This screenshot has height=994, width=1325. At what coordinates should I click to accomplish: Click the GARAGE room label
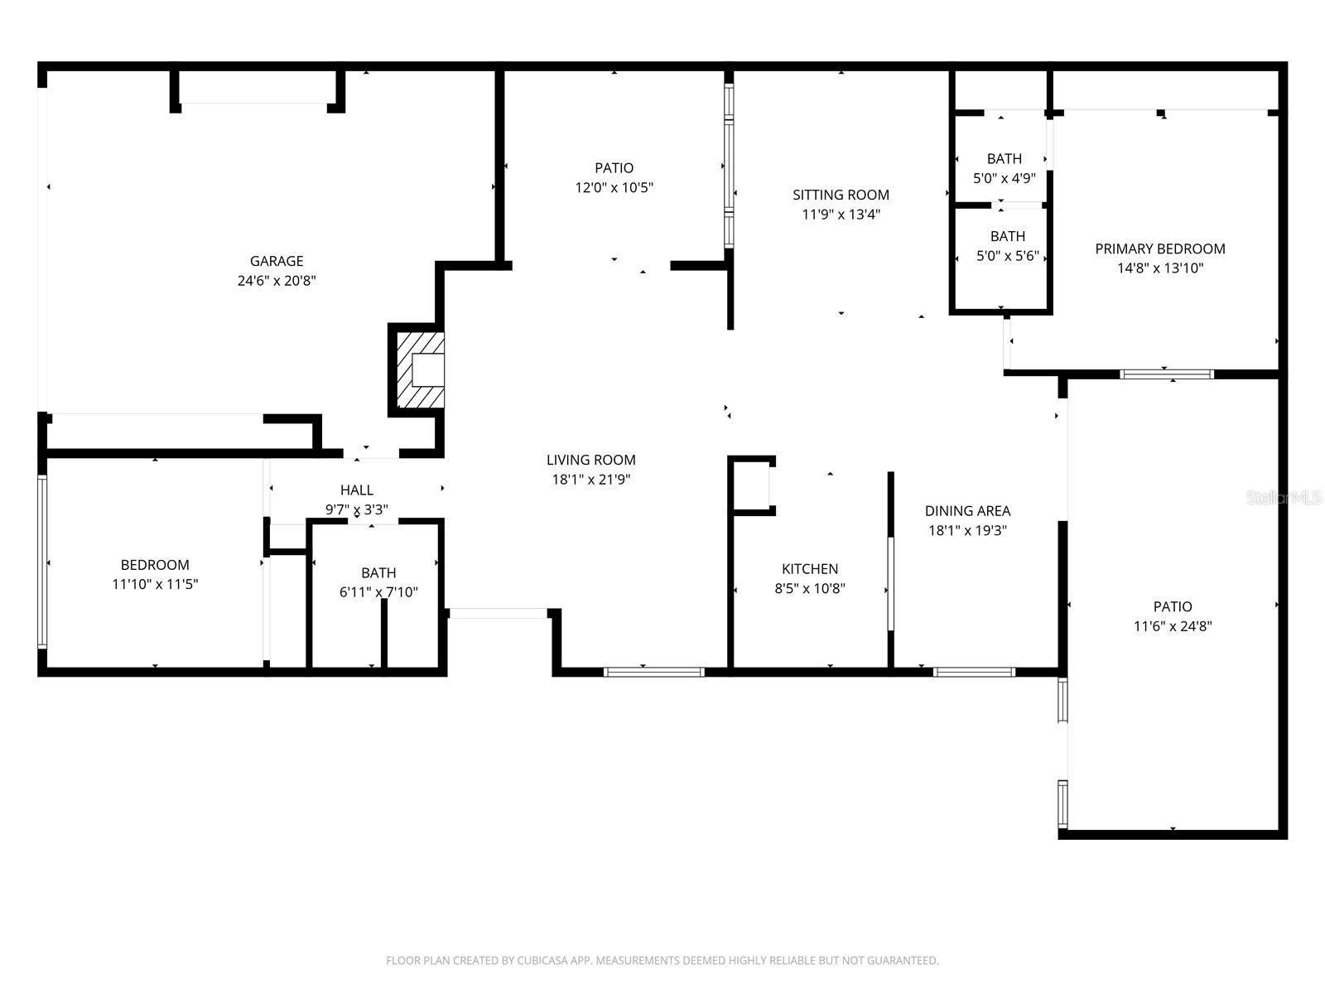277,261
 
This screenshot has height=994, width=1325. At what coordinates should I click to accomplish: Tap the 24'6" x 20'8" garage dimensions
277,281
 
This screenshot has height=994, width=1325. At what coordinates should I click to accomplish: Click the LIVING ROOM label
590,460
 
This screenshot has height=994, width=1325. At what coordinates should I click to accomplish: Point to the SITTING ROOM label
841,195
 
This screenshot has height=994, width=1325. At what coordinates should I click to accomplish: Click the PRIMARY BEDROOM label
1159,248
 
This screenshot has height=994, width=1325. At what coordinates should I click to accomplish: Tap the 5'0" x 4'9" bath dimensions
1004,178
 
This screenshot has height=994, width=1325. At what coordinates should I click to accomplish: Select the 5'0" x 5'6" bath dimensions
1007,256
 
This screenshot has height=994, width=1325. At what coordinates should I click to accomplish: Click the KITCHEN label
809,569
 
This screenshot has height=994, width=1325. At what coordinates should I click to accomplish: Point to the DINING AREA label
967,511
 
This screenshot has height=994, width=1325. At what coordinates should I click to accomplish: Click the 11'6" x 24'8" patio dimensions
1173,626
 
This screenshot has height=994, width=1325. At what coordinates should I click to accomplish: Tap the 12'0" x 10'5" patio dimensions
614,187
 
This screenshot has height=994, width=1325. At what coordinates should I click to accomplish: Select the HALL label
356,490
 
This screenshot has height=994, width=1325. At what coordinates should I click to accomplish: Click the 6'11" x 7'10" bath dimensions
378,592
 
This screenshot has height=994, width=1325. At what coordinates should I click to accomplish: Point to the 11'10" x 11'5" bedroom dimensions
155,584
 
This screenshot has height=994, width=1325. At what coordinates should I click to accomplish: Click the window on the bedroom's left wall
42,561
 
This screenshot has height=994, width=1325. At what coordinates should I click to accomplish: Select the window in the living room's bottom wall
653,672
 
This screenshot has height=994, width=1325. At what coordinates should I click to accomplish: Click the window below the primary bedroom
1166,374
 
